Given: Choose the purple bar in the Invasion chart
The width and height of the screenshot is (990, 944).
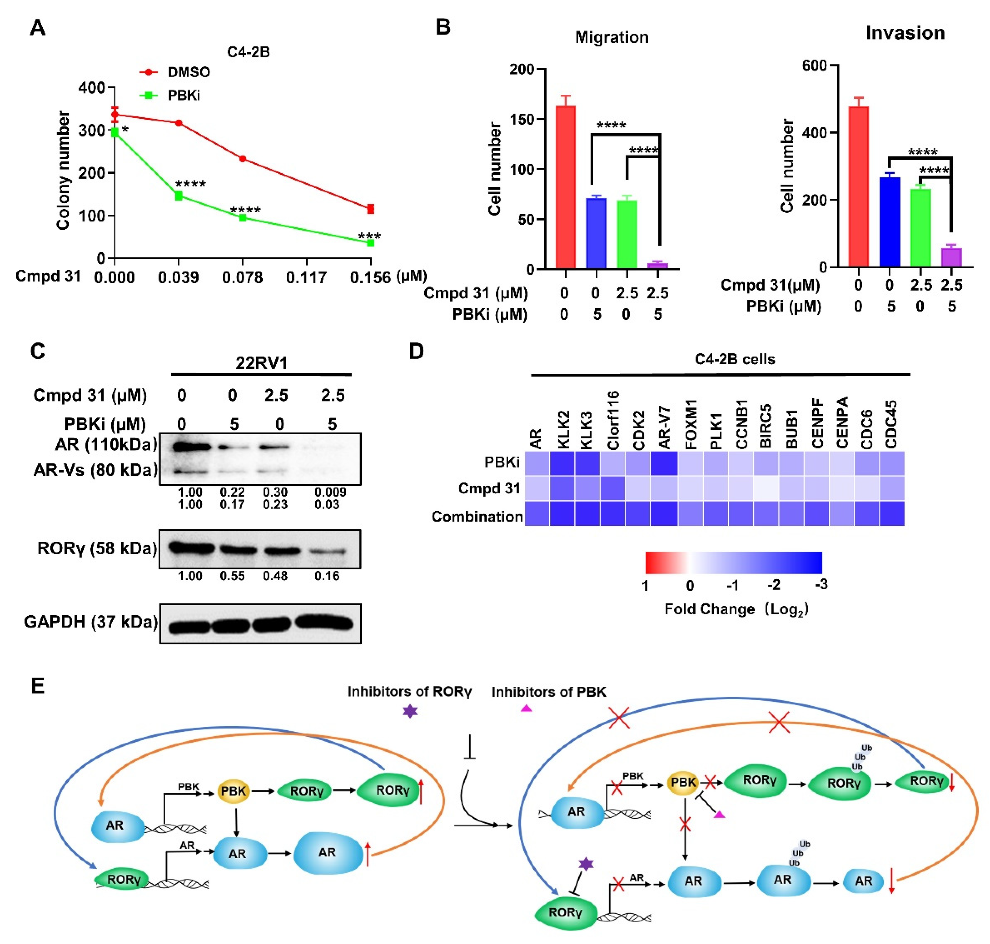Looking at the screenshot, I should (951, 257).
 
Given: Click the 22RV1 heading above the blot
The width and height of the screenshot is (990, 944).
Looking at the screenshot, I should (261, 363).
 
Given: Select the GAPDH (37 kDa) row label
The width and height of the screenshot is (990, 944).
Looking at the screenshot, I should (90, 622).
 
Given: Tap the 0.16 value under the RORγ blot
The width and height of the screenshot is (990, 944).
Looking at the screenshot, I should (327, 576).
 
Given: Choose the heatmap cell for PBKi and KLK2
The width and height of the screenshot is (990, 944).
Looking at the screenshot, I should (562, 463).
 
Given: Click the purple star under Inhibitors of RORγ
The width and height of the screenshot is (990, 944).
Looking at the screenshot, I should (410, 711).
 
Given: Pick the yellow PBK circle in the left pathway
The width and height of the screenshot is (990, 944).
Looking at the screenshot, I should (233, 791).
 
